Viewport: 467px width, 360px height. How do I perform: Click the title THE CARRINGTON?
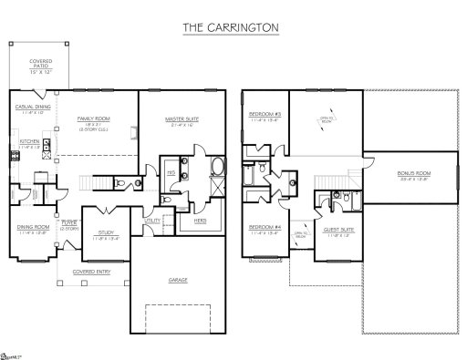(x=233, y=28)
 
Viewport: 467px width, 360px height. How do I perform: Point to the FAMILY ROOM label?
(x=93, y=118)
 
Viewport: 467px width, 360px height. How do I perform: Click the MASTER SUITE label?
(x=182, y=118)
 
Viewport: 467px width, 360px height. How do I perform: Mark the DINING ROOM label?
(x=30, y=228)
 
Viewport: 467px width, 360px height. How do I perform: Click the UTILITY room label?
(x=151, y=220)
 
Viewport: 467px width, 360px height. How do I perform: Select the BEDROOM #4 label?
(x=265, y=229)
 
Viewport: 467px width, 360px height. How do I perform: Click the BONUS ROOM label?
(x=413, y=172)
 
